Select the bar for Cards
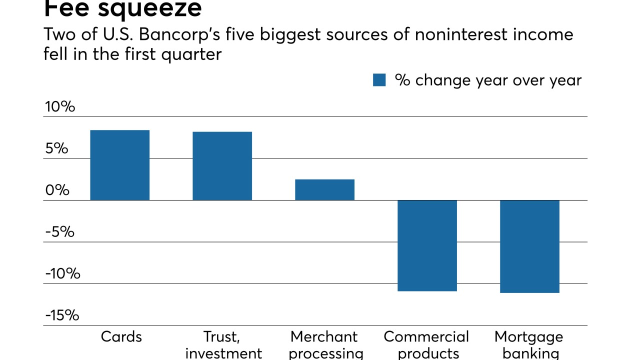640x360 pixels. (119, 165)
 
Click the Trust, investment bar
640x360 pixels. (222, 166)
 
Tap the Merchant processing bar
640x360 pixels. (324, 190)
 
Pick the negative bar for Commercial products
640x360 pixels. (427, 245)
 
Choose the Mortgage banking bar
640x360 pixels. (529, 246)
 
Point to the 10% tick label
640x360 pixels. (59, 106)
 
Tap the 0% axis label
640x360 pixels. (56, 190)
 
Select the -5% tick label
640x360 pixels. (59, 232)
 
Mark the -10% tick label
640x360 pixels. (62, 273)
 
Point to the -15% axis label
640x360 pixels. (62, 315)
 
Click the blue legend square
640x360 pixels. (379, 80)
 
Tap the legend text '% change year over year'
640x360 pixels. (488, 80)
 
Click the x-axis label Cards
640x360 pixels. (121, 336)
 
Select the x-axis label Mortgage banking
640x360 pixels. (529, 345)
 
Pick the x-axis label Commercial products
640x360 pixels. (426, 345)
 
